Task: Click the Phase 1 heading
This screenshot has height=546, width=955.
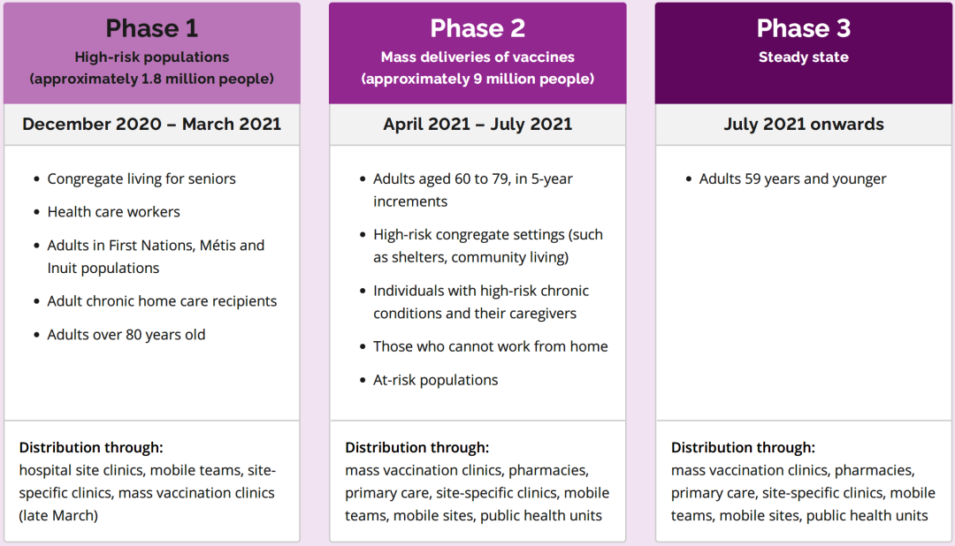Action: click(x=152, y=28)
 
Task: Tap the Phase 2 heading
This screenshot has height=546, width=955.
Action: click(x=477, y=28)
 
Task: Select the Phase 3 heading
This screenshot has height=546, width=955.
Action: click(x=803, y=28)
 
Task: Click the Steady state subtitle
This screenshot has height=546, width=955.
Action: click(x=803, y=57)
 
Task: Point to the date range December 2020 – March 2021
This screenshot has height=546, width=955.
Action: click(x=152, y=125)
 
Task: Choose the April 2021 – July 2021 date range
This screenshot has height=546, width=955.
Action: click(x=477, y=125)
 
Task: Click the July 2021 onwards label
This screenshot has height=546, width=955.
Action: click(x=803, y=125)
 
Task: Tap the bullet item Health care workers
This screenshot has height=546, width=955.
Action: click(x=114, y=212)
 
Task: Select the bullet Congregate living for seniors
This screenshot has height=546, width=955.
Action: click(x=141, y=179)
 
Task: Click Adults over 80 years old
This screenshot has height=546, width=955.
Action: click(x=126, y=335)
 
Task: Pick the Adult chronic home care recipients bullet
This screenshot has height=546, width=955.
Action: click(x=162, y=301)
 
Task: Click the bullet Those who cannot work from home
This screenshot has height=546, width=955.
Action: click(x=490, y=346)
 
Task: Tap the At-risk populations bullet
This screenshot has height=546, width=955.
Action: click(x=435, y=381)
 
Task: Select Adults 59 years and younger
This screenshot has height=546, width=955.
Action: click(x=792, y=179)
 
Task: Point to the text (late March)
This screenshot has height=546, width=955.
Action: click(x=58, y=516)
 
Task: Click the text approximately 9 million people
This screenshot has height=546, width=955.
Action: click(x=477, y=80)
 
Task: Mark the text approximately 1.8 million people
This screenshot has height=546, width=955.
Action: click(x=152, y=80)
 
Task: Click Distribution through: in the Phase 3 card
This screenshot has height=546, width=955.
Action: click(x=743, y=447)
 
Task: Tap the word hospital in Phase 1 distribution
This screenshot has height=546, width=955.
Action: click(x=45, y=471)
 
